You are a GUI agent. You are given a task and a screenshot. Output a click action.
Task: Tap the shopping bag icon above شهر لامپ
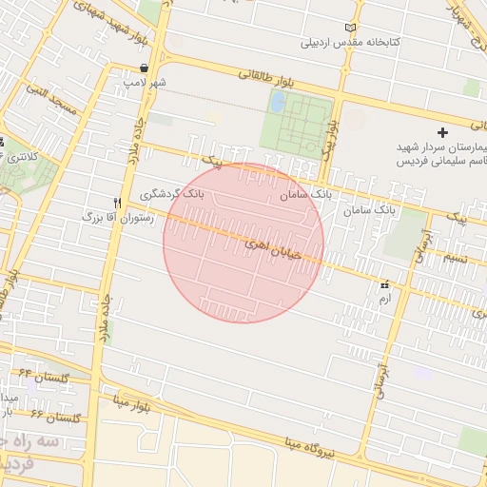click(x=143, y=68)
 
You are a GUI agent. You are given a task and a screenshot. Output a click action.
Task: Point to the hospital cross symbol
click(x=441, y=130)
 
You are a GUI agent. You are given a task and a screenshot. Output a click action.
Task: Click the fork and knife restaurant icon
click(x=118, y=203)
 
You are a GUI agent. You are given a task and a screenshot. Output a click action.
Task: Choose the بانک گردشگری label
click(x=171, y=193)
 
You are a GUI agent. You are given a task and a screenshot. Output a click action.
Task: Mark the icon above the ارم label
click(x=384, y=284)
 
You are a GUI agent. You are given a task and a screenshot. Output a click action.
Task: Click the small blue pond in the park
click(x=277, y=101)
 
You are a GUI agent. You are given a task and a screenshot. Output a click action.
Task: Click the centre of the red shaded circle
click(x=243, y=243)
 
